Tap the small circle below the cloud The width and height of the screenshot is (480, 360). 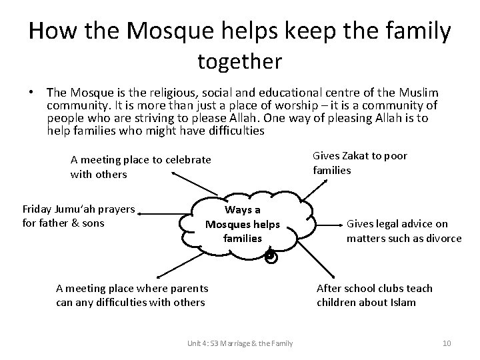[269, 256]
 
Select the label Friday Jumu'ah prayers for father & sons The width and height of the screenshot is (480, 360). [79, 216]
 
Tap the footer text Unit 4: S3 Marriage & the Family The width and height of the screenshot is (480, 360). [241, 343]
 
